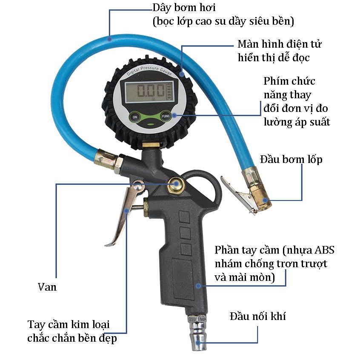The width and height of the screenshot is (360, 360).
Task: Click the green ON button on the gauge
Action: [x=135, y=116]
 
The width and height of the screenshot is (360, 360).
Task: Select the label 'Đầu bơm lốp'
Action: [x=291, y=160]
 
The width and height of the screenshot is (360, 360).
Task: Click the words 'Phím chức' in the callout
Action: [x=289, y=81]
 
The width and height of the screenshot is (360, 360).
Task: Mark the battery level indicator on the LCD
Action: [x=170, y=91]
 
